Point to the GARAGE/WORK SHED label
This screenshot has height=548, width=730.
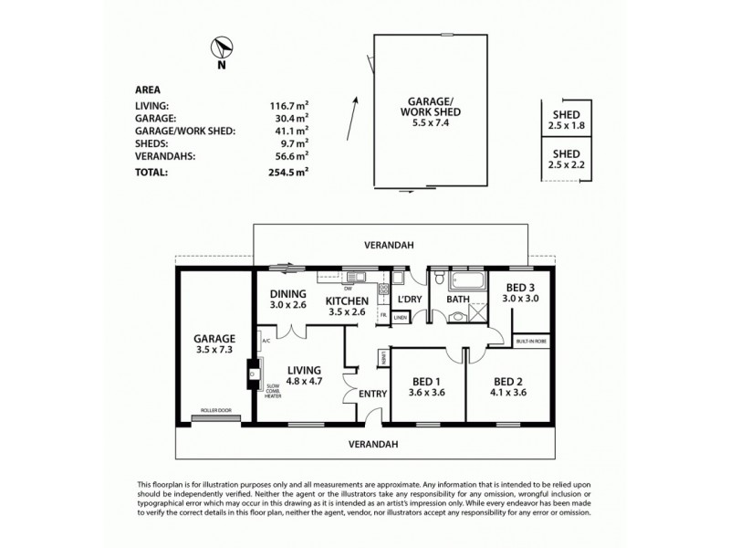433,106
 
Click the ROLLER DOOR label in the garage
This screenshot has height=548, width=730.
215,411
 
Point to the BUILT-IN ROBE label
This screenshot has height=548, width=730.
530,338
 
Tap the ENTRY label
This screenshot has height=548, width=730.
373,395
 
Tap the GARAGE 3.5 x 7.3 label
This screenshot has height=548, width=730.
215,342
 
